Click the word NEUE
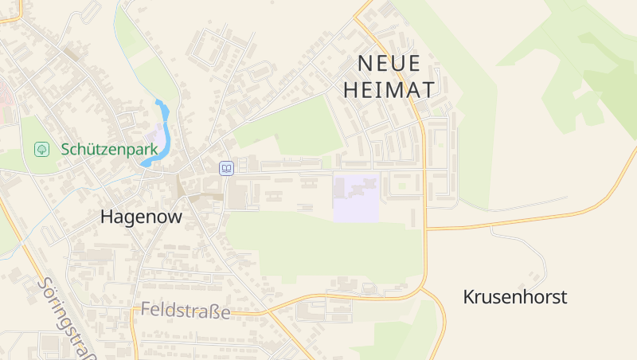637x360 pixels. pos(389,63)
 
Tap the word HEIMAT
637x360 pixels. pos(389,90)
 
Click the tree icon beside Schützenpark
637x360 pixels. pos(41,149)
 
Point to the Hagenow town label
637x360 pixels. pos(142,216)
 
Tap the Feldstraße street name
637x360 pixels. pos(186,311)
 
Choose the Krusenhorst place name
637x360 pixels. pos(515,297)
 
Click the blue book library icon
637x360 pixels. pos(227,168)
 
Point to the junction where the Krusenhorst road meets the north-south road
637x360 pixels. pos(426,229)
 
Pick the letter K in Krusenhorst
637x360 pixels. pos(469,297)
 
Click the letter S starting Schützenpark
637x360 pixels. pos(65,149)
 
